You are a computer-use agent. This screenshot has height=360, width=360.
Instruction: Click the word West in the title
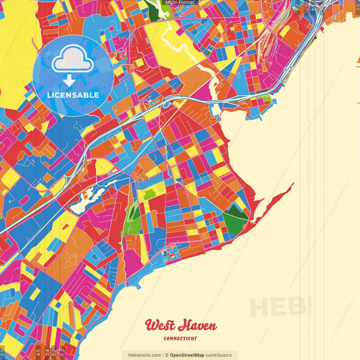pos(159,326)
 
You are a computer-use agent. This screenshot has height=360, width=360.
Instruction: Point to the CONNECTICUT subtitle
pos(180,339)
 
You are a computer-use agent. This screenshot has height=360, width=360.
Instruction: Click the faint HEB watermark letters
pos(277,307)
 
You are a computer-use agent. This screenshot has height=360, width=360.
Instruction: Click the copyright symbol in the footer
pos(165,355)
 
